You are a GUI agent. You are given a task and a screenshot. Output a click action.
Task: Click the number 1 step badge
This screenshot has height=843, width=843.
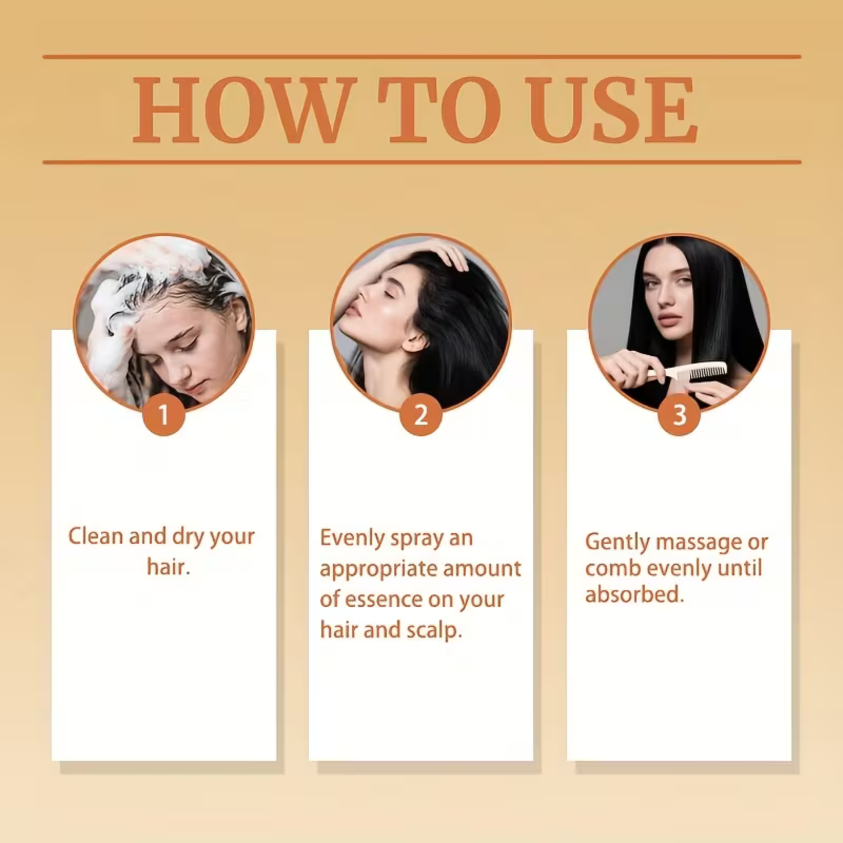point(163,415)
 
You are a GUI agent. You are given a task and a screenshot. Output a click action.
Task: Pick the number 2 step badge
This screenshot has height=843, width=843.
point(421,415)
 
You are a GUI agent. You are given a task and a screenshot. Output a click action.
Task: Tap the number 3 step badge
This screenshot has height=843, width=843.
point(679,415)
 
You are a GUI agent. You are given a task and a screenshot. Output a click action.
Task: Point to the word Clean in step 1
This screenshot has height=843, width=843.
point(96,536)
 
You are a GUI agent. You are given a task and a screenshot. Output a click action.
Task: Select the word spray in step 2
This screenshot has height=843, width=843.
point(417,538)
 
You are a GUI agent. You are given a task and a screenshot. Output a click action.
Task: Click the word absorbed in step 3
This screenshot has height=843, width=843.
point(634,594)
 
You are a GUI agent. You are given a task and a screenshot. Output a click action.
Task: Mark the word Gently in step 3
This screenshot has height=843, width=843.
point(617,542)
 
